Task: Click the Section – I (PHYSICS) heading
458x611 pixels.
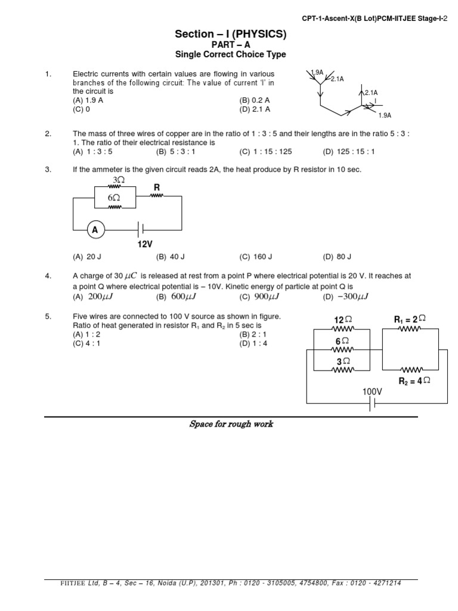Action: [230, 35]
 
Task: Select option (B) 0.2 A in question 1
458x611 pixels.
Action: [255, 100]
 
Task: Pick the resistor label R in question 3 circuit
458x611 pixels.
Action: [157, 187]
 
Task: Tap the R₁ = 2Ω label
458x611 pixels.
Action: [410, 320]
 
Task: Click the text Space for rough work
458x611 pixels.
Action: [231, 424]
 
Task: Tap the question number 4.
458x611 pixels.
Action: [48, 276]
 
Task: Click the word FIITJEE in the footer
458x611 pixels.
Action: [59, 583]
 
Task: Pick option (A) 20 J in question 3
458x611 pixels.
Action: [87, 257]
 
